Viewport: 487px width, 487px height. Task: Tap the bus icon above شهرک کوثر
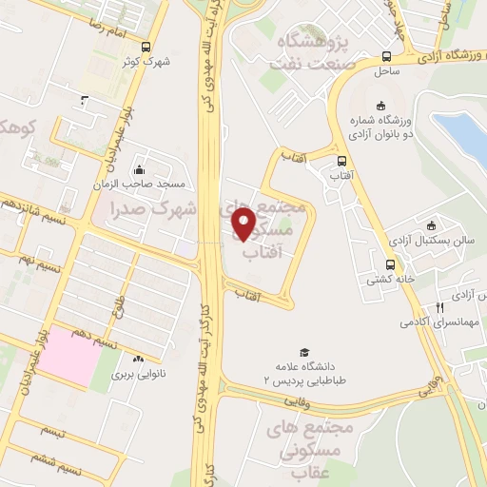pyautogui.click(x=145, y=47)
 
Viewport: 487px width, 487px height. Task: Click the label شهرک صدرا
pyautogui.click(x=153, y=207)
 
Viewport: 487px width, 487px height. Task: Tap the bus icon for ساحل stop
pyautogui.click(x=385, y=56)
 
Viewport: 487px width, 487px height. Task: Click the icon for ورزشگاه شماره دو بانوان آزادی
pyautogui.click(x=381, y=105)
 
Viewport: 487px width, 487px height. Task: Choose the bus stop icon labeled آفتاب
pyautogui.click(x=341, y=160)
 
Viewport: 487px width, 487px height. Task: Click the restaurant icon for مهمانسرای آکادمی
pyautogui.click(x=438, y=307)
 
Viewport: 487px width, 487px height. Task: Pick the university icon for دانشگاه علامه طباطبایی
pyautogui.click(x=304, y=353)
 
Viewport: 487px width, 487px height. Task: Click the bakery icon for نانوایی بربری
pyautogui.click(x=140, y=359)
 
